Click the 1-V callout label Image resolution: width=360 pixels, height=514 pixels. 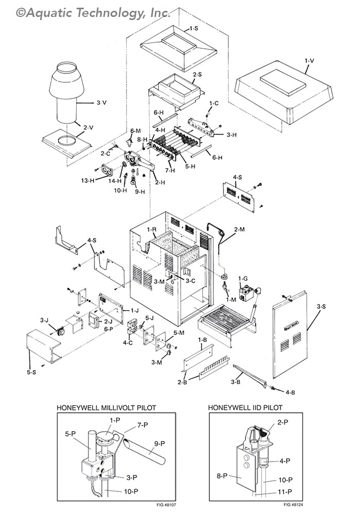click(x=309, y=61)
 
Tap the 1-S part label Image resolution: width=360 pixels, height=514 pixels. click(x=194, y=28)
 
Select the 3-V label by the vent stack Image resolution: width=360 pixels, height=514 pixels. click(x=102, y=103)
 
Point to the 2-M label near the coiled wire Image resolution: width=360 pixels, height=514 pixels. click(x=239, y=229)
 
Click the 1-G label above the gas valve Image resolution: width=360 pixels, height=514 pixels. click(x=243, y=279)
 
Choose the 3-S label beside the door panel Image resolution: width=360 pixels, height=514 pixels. click(x=321, y=306)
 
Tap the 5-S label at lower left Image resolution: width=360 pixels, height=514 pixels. click(x=31, y=372)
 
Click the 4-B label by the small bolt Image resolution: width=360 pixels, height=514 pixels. click(x=290, y=392)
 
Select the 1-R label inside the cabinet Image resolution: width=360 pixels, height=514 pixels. click(x=152, y=229)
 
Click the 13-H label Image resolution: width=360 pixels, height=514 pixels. click(x=88, y=180)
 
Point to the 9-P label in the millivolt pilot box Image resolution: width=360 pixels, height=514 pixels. click(x=159, y=444)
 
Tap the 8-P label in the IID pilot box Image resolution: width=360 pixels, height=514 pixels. click(x=222, y=475)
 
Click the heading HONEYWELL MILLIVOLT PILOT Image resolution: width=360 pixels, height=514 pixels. click(x=106, y=408)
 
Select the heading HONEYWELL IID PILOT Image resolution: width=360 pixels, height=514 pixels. click(x=245, y=408)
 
